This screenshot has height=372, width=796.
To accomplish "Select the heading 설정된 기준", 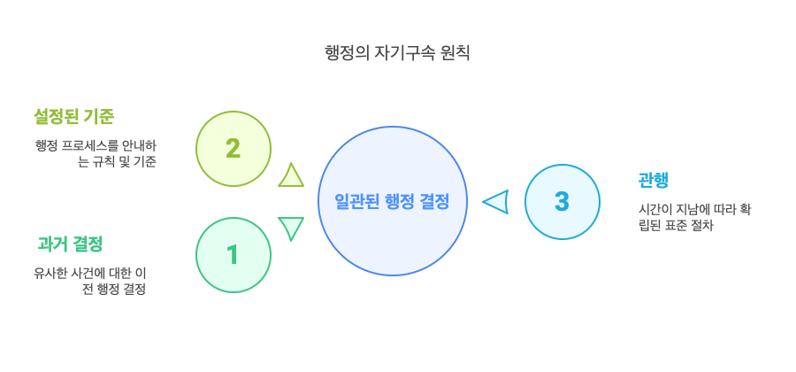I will coord(73,116).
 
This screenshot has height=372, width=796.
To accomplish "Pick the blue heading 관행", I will coord(653,180).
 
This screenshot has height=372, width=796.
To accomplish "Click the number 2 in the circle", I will coord(233,149).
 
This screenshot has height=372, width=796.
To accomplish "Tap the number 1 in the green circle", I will coord(233,256).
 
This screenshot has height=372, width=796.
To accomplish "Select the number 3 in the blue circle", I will coord(562,202).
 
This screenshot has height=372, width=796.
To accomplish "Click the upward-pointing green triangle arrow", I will coord(291,175).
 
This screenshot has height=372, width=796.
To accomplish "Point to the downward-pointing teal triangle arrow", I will coord(291,229).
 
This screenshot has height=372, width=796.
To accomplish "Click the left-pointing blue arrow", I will coord(496,202).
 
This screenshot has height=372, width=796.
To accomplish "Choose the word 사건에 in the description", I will coord(92,273).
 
